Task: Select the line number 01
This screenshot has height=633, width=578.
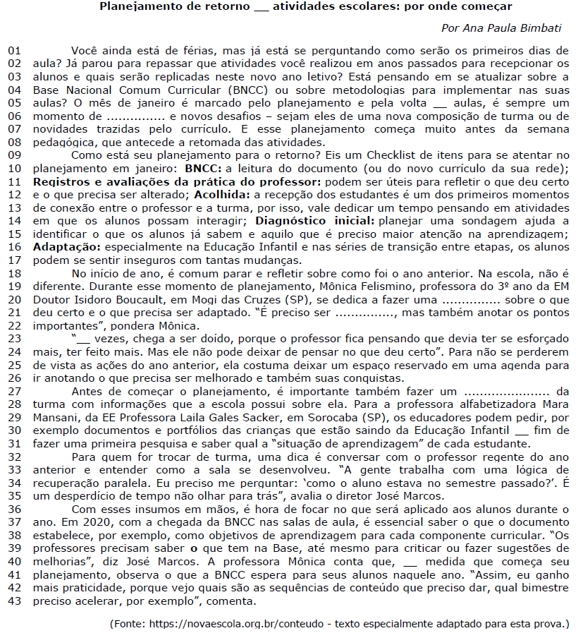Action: (15, 52)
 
